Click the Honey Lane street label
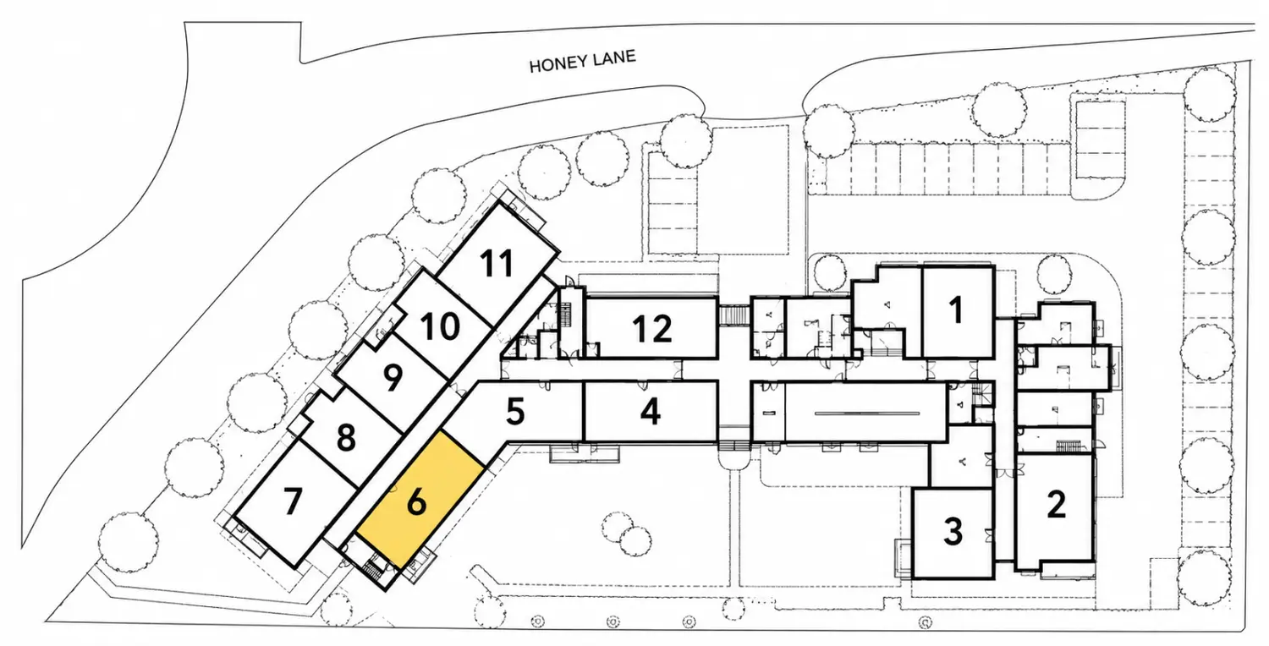[x=582, y=61]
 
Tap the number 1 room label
[x=956, y=310]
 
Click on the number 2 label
[x=1056, y=503]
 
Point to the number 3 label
[x=953, y=532]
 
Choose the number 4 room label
[x=651, y=412]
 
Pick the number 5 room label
[x=515, y=411]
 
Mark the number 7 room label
[x=293, y=501]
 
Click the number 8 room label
[x=346, y=437]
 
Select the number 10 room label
[x=440, y=326]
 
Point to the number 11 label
[x=497, y=263]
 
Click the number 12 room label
[x=652, y=328]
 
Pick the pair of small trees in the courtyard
[x=626, y=533]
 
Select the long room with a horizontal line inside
[x=865, y=412]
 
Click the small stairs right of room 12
[x=733, y=315]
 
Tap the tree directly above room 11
[x=544, y=172]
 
